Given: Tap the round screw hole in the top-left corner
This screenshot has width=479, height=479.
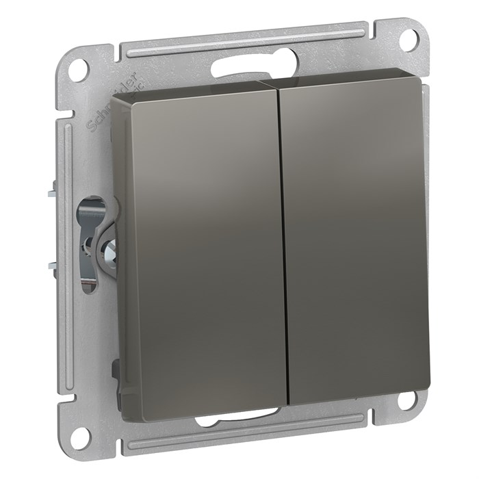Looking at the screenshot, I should [79, 68].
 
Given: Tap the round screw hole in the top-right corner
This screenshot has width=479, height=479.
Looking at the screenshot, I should [408, 38].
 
